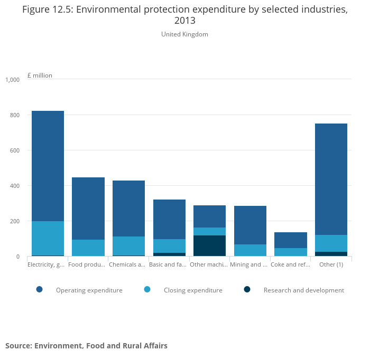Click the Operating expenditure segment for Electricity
coord(48,166)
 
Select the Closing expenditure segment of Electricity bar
coord(48,238)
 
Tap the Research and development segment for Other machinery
coord(209,245)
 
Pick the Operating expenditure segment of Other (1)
coord(331,179)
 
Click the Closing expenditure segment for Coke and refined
coord(290,252)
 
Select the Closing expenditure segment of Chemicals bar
coord(128,245)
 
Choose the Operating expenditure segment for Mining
coord(250,225)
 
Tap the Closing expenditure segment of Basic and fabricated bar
coord(169,246)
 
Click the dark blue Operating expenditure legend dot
coord(39,290)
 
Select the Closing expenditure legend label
coord(193,290)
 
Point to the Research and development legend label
coord(303,290)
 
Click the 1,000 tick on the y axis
coord(12,80)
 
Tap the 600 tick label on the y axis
coord(14,150)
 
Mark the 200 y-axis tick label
coord(14,221)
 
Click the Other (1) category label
coord(331,264)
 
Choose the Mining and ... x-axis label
coord(248,264)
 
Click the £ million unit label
coord(40,75)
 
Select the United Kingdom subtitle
coord(184,34)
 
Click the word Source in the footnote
coord(20,346)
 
